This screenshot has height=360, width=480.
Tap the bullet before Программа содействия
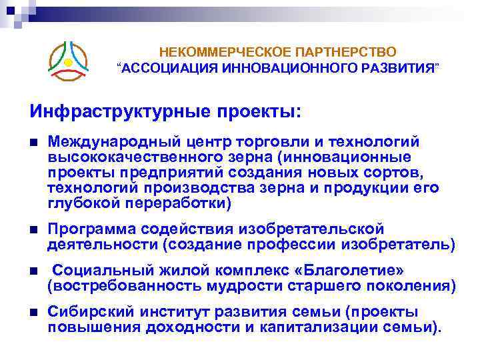click(x=33, y=230)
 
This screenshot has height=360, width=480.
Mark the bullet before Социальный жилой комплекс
click(x=33, y=271)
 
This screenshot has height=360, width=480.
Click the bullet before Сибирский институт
click(x=33, y=312)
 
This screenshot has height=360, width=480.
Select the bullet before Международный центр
click(x=33, y=142)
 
